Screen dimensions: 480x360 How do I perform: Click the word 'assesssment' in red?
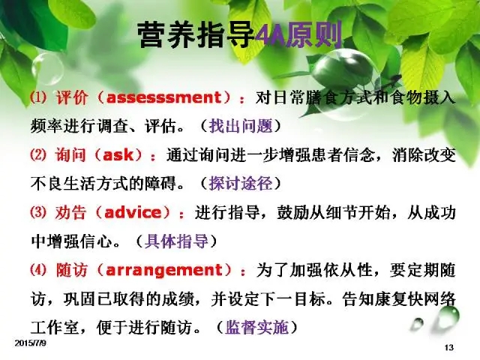click(163, 97)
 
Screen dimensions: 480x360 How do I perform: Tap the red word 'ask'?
click(118, 155)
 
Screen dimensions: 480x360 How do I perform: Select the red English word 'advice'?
click(133, 213)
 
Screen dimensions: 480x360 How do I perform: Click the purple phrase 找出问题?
click(241, 126)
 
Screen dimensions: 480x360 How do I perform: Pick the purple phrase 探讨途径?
click(241, 183)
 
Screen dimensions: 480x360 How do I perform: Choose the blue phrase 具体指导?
click(177, 241)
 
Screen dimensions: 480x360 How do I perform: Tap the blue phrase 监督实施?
click(256, 327)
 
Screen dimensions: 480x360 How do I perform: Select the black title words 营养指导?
click(196, 35)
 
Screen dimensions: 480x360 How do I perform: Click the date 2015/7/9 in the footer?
click(30, 343)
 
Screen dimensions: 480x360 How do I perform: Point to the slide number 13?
click(448, 347)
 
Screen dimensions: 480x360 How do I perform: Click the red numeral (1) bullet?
click(39, 97)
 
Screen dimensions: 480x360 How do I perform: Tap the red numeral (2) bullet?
click(38, 155)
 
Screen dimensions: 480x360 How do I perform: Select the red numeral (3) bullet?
click(38, 212)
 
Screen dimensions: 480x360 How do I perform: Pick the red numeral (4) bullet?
click(38, 270)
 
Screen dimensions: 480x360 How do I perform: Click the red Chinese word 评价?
click(72, 97)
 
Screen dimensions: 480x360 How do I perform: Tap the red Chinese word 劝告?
click(70, 213)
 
